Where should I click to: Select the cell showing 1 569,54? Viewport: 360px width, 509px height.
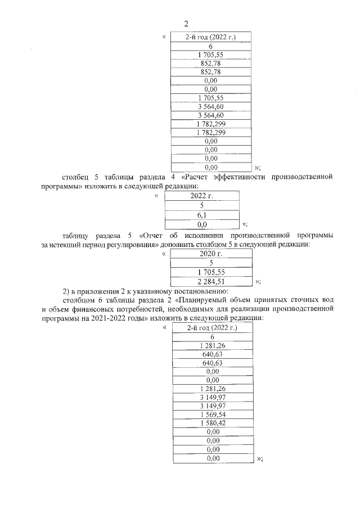click(x=212, y=413)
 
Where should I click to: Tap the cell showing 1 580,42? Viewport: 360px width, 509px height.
click(x=212, y=422)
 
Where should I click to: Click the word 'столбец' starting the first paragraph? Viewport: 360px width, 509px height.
click(x=76, y=177)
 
